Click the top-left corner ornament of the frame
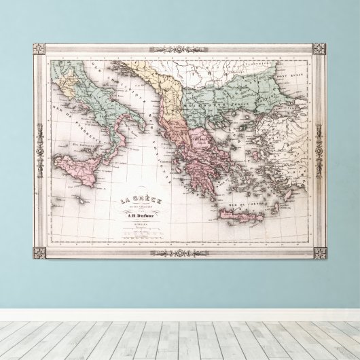39,50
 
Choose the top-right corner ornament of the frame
319,49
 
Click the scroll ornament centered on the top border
179,49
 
